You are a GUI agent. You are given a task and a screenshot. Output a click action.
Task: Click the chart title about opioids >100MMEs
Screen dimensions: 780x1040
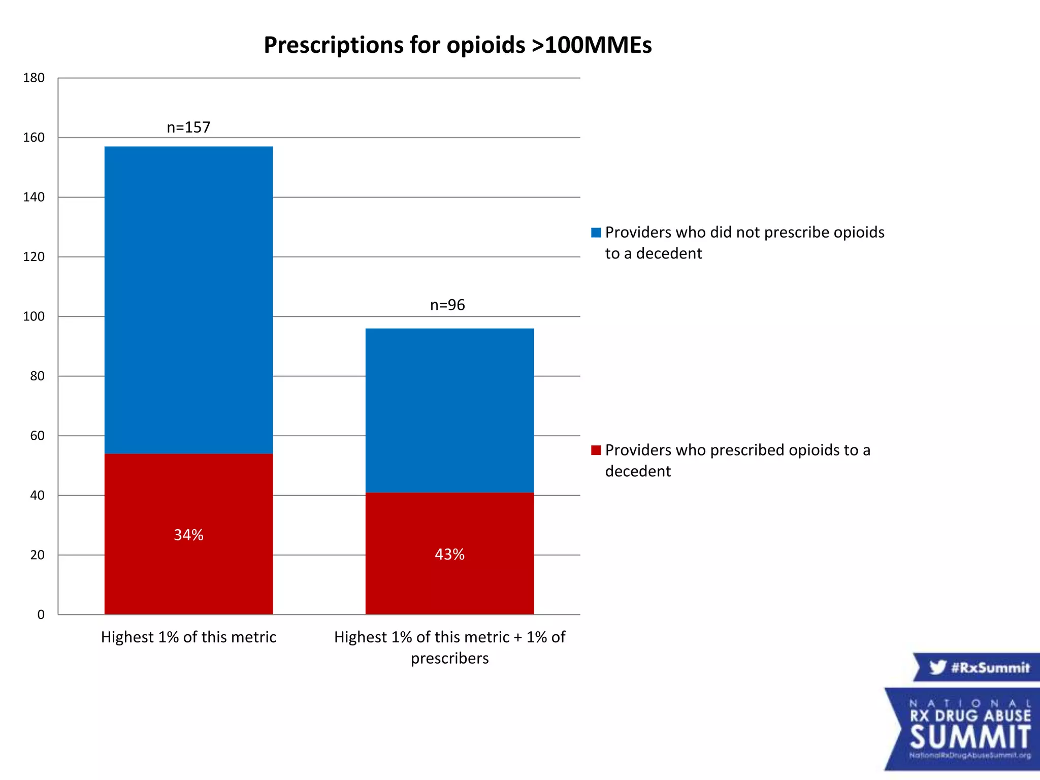click(458, 45)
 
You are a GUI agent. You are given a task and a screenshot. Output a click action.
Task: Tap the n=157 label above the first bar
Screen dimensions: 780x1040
click(188, 127)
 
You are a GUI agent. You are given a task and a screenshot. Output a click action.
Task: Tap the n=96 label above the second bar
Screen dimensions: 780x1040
click(447, 305)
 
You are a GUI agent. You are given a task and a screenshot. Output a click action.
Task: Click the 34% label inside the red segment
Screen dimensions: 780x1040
click(188, 535)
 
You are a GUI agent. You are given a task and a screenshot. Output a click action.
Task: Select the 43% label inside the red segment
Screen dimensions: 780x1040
click(449, 554)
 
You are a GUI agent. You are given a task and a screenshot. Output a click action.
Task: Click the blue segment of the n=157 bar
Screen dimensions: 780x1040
click(188, 300)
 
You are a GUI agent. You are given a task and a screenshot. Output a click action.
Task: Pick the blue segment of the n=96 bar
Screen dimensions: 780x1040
click(449, 410)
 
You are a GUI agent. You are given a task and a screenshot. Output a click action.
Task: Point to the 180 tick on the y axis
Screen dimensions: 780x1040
click(34, 78)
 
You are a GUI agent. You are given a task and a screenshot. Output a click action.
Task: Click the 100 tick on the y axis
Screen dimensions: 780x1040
click(34, 317)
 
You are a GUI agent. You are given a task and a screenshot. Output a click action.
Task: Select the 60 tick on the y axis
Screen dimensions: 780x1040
click(37, 436)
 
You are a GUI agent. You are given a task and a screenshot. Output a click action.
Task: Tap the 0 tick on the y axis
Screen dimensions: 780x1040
click(41, 615)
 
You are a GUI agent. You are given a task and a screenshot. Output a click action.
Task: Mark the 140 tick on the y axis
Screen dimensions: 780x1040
click(34, 198)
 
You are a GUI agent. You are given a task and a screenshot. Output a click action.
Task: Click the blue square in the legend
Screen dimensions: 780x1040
click(596, 233)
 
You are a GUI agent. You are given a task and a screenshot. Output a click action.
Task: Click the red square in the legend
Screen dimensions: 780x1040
click(596, 450)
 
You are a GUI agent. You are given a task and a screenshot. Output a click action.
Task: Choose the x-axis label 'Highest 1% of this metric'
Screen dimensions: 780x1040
click(188, 637)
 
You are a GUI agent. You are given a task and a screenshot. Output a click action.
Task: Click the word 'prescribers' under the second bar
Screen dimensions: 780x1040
click(449, 659)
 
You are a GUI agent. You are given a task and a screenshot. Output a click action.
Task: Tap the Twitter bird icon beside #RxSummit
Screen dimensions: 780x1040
click(937, 667)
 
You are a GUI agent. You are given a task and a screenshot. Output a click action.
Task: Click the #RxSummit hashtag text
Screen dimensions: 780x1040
click(990, 667)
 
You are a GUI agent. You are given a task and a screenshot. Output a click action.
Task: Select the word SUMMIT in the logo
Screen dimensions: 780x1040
click(970, 737)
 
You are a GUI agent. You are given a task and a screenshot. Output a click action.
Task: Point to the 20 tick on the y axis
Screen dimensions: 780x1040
click(37, 555)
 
